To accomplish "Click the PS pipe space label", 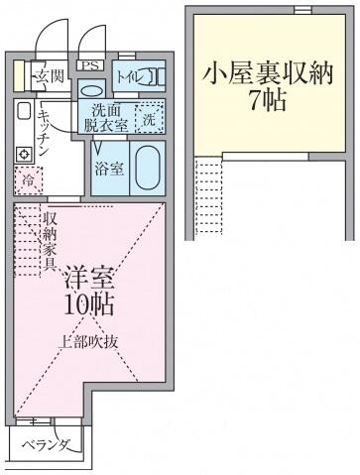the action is click(x=90, y=65).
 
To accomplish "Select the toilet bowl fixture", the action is click(x=155, y=77).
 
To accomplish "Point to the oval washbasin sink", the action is click(x=91, y=90).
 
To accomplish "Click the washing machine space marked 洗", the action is click(x=150, y=119).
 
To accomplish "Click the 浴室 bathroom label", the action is click(x=109, y=169).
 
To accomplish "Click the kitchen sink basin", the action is click(x=24, y=111).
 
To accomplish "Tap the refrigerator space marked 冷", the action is click(x=29, y=180).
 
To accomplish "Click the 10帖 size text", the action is click(x=89, y=304).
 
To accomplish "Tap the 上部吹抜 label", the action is click(x=88, y=342).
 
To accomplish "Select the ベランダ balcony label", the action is click(x=47, y=444).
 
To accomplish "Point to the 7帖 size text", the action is click(x=268, y=100).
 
